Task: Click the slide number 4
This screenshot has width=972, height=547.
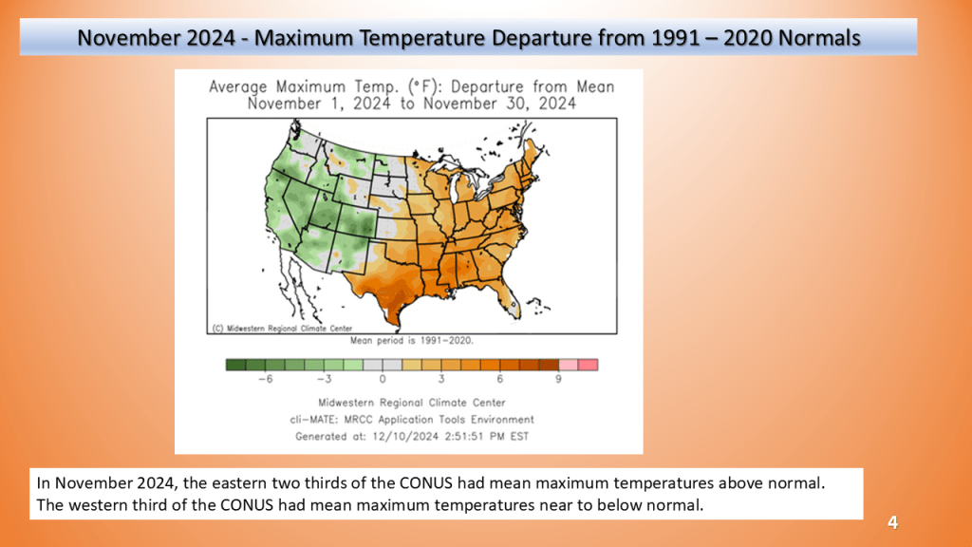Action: click(x=892, y=522)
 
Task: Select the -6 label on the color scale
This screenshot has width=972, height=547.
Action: click(x=266, y=378)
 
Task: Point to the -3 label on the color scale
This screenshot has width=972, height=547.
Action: click(x=323, y=378)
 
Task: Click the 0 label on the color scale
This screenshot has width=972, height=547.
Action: click(x=383, y=378)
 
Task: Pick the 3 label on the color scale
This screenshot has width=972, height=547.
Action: click(x=441, y=378)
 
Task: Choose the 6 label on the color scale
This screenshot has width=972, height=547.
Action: click(x=500, y=378)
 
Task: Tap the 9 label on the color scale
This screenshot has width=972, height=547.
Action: click(x=559, y=378)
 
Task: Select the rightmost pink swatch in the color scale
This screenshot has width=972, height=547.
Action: click(x=588, y=364)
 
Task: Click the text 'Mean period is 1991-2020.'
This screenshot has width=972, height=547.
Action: click(x=413, y=339)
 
